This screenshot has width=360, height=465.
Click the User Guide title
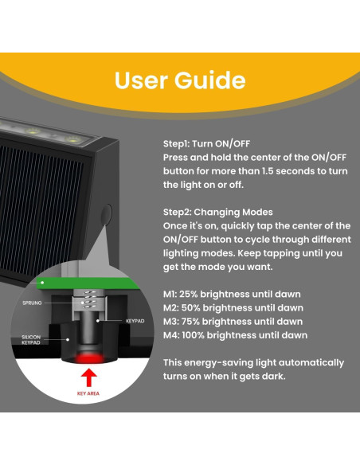click(x=180, y=80)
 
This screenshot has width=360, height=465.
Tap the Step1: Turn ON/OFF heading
click(x=207, y=144)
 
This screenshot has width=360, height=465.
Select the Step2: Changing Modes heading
click(x=218, y=212)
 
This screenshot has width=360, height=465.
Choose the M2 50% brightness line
click(x=233, y=308)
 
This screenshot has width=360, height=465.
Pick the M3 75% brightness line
click(x=233, y=322)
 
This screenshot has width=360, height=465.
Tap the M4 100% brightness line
click(x=235, y=335)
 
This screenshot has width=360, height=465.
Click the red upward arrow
click(x=88, y=377)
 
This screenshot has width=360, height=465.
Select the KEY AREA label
click(x=88, y=393)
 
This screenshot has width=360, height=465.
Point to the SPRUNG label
click(x=32, y=303)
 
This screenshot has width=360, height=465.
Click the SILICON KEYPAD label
click(x=31, y=340)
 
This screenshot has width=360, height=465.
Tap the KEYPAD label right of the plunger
click(x=135, y=321)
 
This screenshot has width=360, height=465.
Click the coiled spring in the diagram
click(x=89, y=300)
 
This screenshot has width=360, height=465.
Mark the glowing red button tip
click(x=89, y=358)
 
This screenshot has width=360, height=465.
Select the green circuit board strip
click(x=88, y=283)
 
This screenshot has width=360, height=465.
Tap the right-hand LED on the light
click(x=73, y=139)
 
